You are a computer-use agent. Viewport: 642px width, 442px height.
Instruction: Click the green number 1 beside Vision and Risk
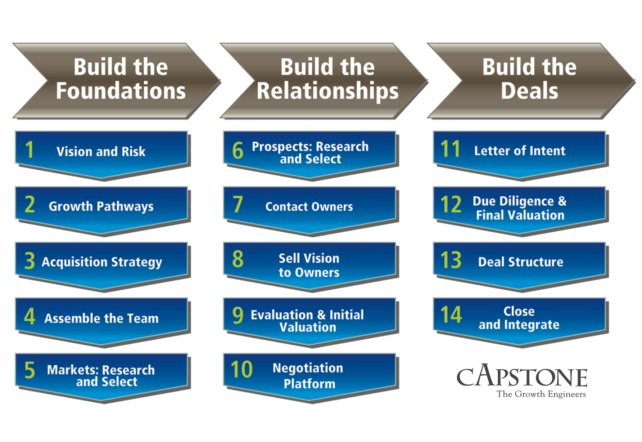(30, 149)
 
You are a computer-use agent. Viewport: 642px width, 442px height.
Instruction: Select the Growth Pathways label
(101, 206)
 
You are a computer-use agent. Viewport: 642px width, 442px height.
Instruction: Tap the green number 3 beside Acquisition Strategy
(30, 261)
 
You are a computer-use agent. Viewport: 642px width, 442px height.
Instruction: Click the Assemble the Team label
(101, 318)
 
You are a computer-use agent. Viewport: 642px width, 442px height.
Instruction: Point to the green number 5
(30, 370)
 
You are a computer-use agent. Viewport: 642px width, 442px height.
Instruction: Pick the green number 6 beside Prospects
(238, 150)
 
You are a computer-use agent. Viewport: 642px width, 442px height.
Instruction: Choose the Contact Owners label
(309, 207)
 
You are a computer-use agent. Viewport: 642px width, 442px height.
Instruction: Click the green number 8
(238, 259)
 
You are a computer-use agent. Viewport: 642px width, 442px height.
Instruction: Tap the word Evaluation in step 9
(281, 315)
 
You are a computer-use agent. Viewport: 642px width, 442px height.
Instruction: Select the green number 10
(241, 370)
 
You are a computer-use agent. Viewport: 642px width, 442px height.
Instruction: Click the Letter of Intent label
(520, 151)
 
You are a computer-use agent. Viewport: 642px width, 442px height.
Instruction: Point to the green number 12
(451, 204)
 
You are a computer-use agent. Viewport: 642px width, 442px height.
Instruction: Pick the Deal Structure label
(520, 262)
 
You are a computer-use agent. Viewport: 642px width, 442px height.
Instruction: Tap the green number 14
(451, 314)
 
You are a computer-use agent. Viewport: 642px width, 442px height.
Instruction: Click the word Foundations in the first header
(121, 90)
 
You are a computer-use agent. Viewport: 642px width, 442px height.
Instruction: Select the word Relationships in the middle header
(327, 90)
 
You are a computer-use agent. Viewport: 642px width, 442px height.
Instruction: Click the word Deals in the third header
(529, 90)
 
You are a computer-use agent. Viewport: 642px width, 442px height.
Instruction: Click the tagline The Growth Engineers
(541, 394)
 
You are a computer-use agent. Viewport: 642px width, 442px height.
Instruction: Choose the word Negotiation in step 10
(308, 368)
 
